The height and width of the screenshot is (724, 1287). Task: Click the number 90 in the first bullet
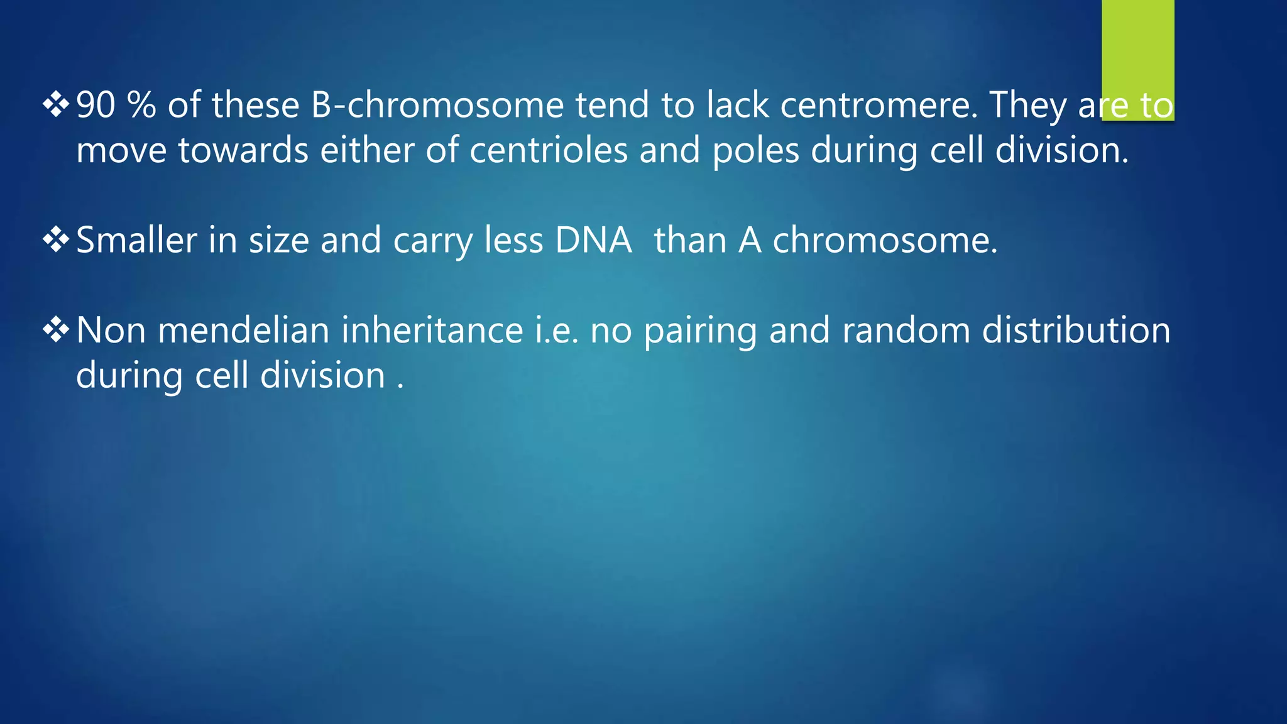click(96, 105)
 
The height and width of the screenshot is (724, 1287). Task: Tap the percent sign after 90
click(141, 105)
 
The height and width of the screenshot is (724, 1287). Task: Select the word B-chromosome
click(437, 105)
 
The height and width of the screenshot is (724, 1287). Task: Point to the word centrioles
click(549, 151)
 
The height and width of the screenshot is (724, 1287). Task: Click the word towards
click(243, 151)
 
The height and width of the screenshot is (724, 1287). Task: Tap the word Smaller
click(136, 240)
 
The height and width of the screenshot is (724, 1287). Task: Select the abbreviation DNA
click(593, 240)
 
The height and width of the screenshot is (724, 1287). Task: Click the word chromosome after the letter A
click(885, 240)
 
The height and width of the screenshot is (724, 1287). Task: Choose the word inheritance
click(432, 331)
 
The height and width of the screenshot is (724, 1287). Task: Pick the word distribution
click(1076, 331)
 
